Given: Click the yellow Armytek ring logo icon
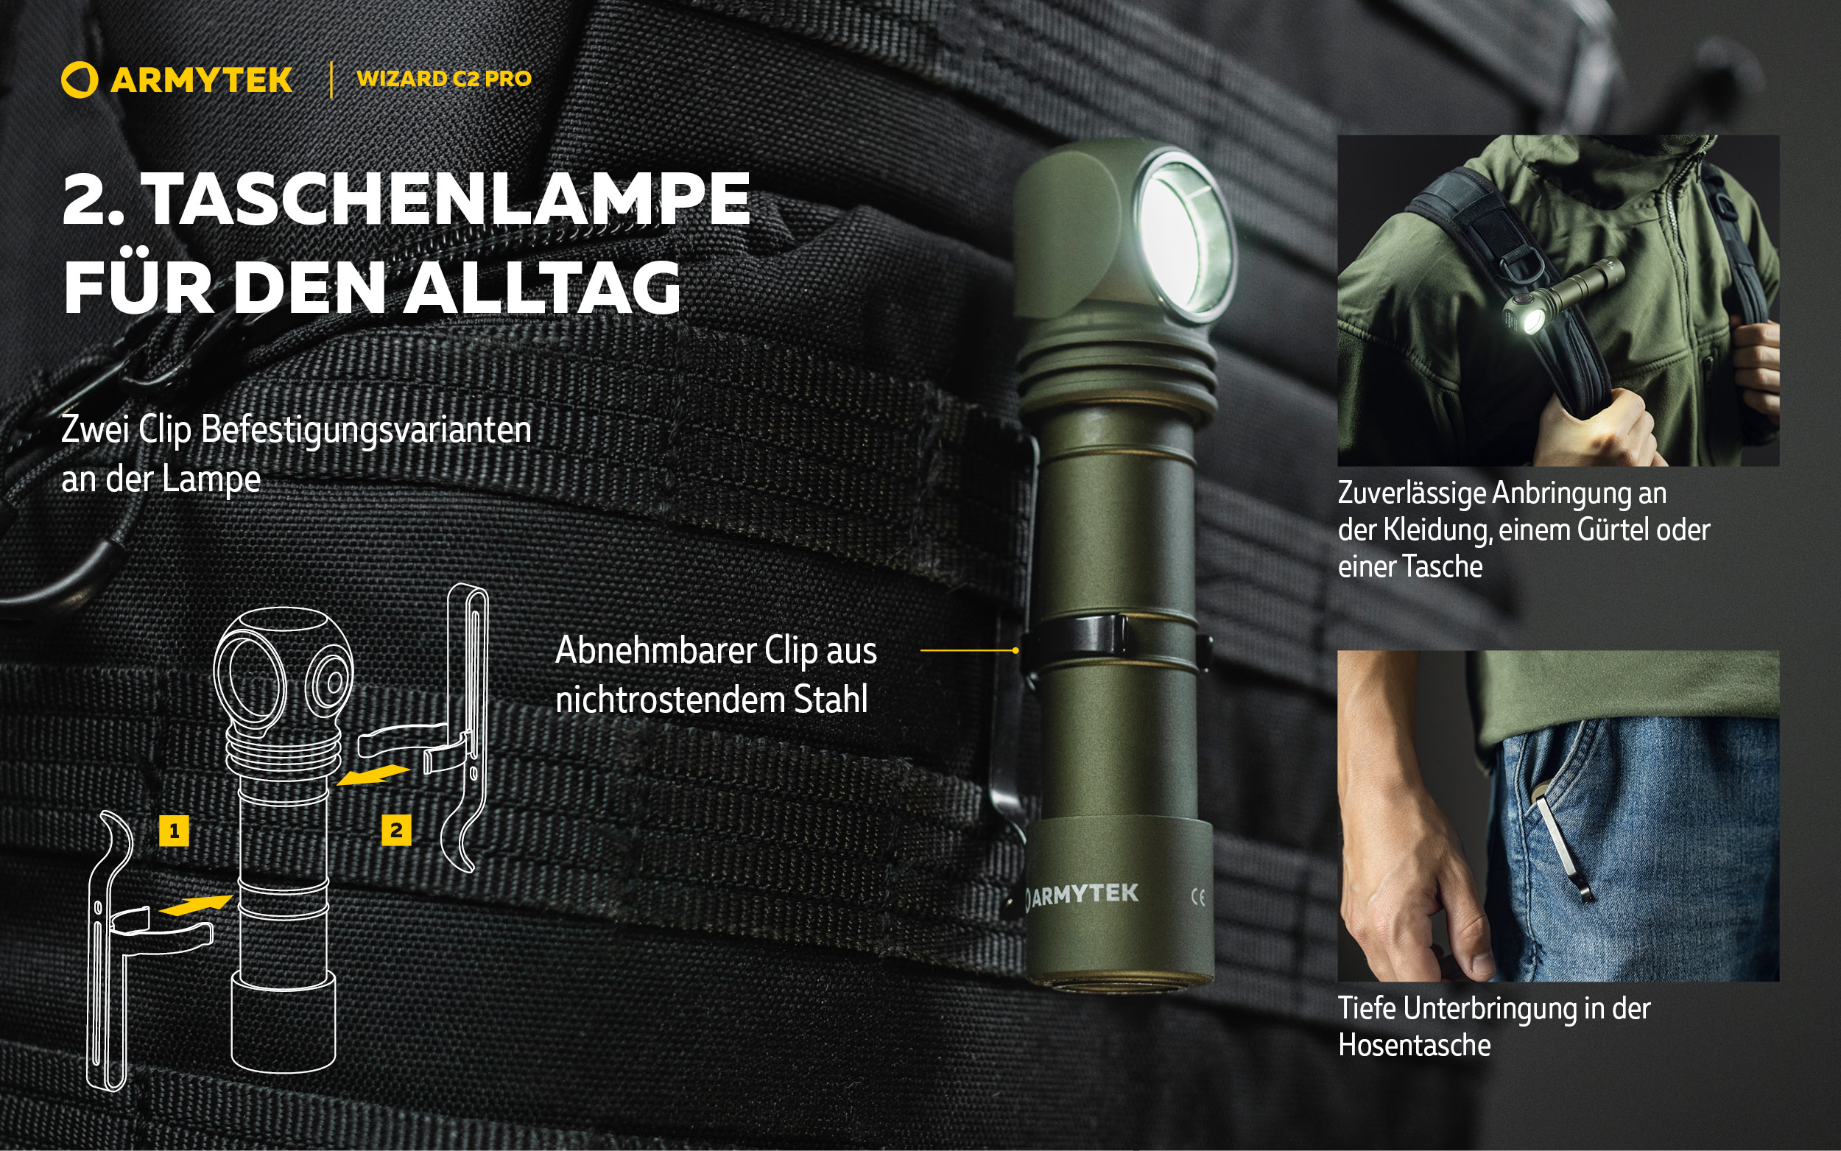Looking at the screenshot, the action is point(79,80).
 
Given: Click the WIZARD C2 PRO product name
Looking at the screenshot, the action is point(444,78).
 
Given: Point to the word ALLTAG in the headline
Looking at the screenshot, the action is point(541,287).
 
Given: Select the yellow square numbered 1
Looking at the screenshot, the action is point(174,831).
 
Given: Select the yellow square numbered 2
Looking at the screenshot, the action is point(395,830).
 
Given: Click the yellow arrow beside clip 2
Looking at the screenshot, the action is point(373,775).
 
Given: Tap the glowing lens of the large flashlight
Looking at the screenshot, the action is point(1184,241).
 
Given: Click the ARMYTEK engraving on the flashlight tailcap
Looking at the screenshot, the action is point(1083,895).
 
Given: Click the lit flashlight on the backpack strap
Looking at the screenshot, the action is point(1560,297).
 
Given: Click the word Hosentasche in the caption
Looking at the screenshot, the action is point(1414,1045).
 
